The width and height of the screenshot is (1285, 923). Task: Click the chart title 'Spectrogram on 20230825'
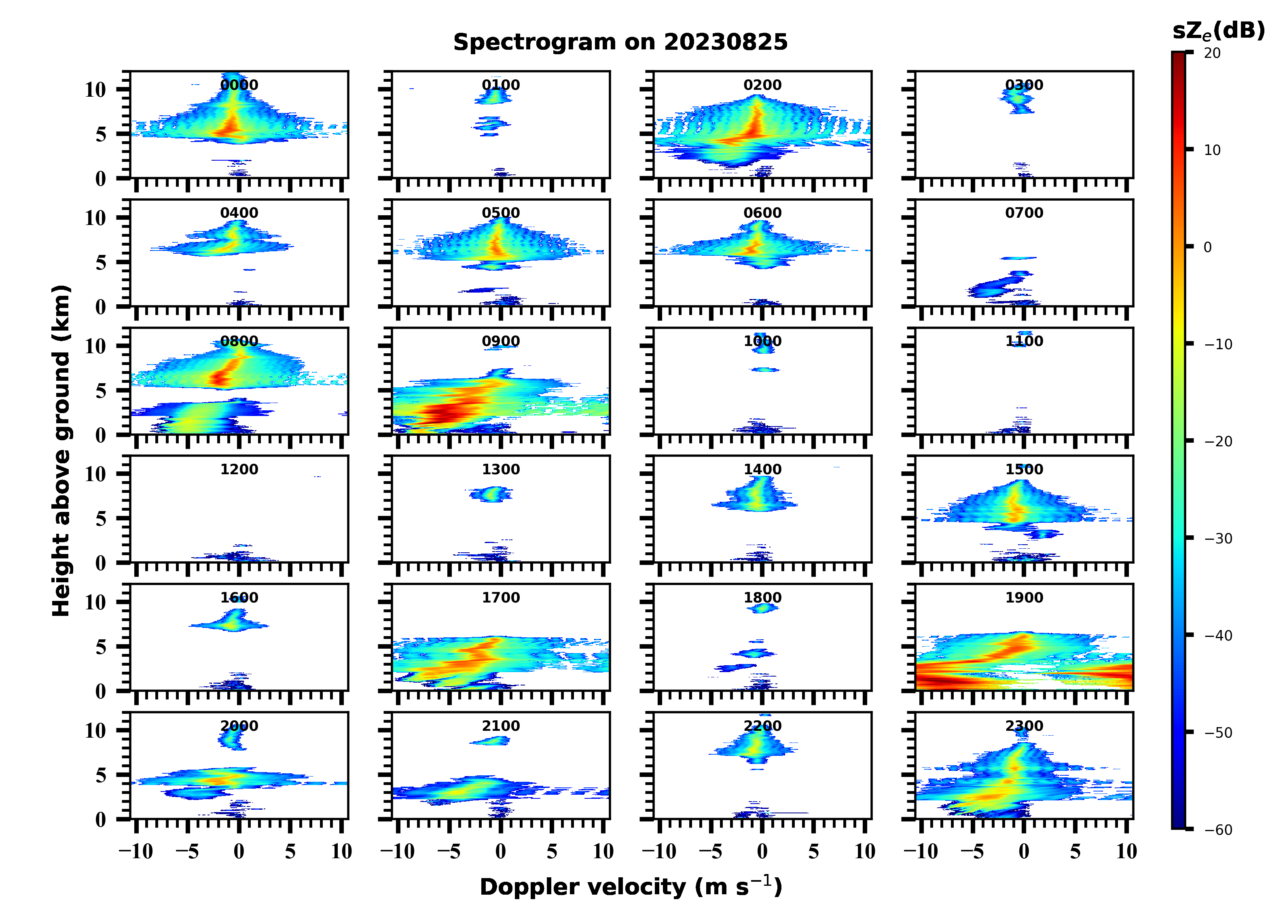(x=620, y=42)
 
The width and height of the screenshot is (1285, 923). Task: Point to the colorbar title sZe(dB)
(x=1218, y=31)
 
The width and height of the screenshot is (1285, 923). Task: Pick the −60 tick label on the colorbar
(x=1218, y=830)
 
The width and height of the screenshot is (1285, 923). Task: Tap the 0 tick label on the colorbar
(x=1207, y=247)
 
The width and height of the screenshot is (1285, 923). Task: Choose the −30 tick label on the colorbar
(x=1218, y=539)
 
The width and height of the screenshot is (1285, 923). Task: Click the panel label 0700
(x=1024, y=213)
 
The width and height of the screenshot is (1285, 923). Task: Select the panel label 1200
(x=239, y=469)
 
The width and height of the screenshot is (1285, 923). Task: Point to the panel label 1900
(x=1024, y=598)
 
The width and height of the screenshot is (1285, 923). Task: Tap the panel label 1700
(x=501, y=598)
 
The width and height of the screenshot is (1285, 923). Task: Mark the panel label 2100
(x=501, y=726)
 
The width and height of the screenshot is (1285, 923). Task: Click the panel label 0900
(x=501, y=341)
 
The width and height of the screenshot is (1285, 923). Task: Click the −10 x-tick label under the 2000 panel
(x=136, y=851)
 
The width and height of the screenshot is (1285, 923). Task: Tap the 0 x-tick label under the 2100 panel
(x=501, y=851)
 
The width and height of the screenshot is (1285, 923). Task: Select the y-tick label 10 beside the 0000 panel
(x=95, y=89)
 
